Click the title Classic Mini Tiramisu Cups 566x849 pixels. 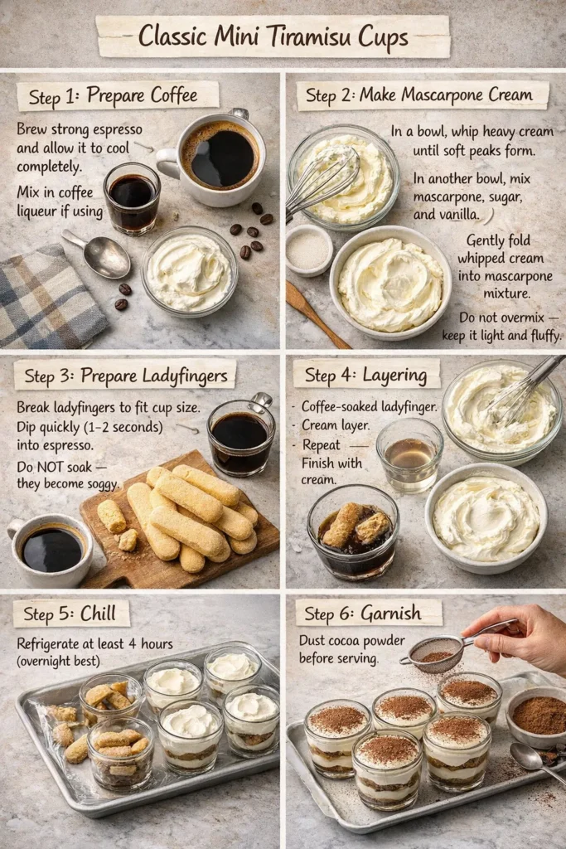click(x=273, y=36)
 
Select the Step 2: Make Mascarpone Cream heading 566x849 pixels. click(x=418, y=95)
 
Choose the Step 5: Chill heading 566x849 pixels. click(x=71, y=614)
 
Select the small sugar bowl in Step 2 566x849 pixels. click(x=309, y=250)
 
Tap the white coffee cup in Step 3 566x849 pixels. click(x=51, y=550)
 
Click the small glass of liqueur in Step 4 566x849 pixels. click(x=409, y=454)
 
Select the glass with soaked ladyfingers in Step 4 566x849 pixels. click(x=353, y=531)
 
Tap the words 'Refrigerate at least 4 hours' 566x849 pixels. click(x=94, y=643)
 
